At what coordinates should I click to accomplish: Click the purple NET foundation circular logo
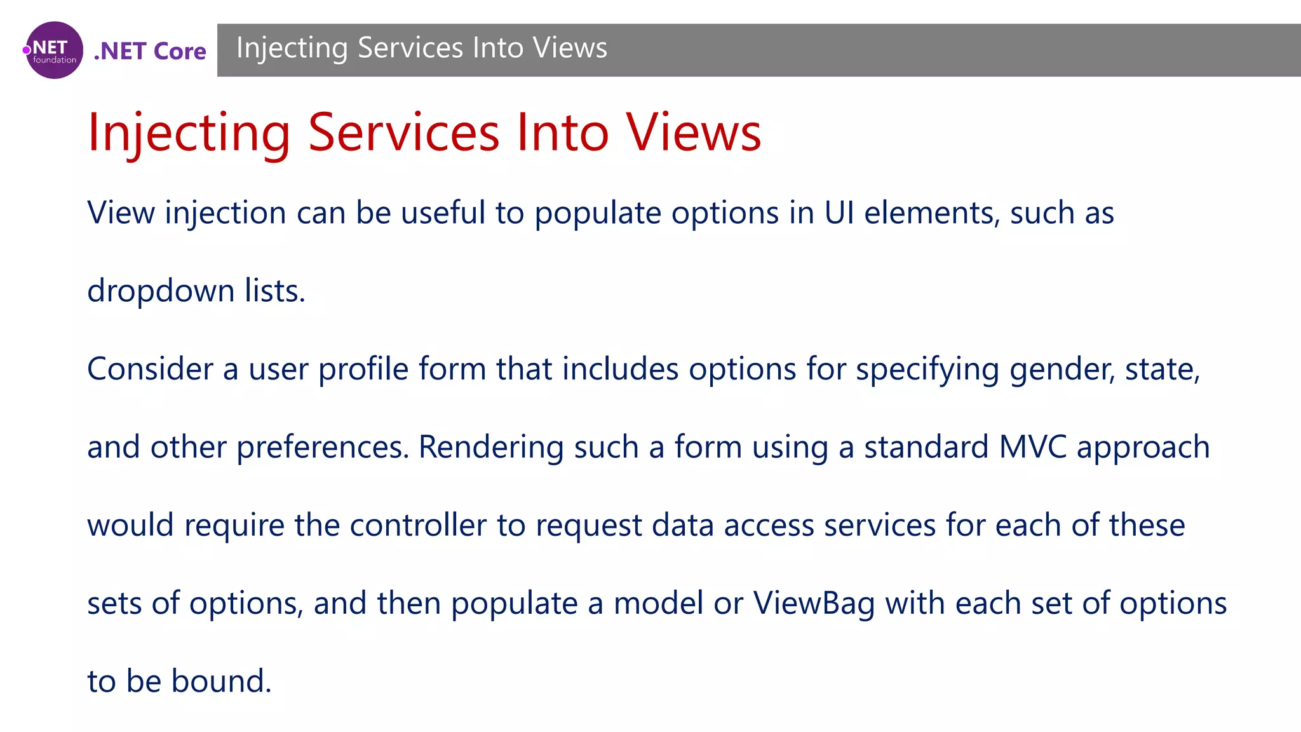click(x=55, y=50)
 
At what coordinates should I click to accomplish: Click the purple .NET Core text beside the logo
click(x=150, y=51)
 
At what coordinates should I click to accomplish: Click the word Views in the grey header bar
click(x=570, y=48)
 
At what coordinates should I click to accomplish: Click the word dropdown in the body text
click(x=161, y=291)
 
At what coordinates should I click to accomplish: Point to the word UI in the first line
click(x=839, y=213)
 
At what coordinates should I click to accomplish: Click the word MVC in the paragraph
click(x=1032, y=447)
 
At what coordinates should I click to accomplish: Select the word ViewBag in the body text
click(x=814, y=604)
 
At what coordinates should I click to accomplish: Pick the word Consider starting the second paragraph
click(x=150, y=369)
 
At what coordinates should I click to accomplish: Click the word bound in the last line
click(x=221, y=682)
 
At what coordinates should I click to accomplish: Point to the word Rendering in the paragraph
click(x=491, y=447)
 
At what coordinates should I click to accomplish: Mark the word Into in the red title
click(x=563, y=133)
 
